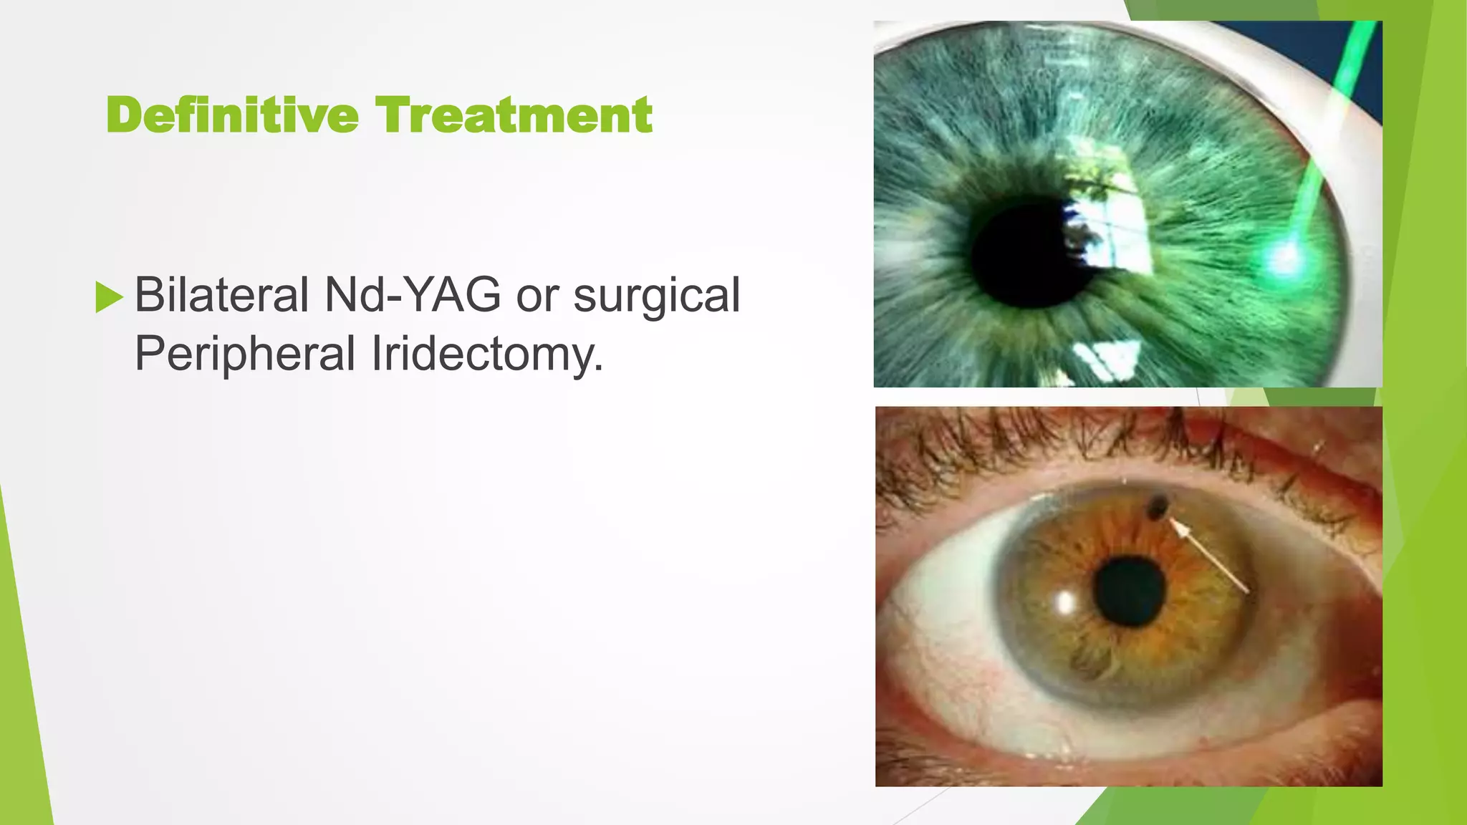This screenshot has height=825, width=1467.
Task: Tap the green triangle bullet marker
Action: (109, 296)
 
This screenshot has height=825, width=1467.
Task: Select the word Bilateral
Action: (222, 295)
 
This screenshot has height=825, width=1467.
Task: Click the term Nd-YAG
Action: (413, 295)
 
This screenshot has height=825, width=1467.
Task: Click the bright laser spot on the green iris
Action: (1284, 258)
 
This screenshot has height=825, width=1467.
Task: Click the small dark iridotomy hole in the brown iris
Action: (1156, 507)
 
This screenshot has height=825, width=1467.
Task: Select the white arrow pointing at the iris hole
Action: (1211, 557)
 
